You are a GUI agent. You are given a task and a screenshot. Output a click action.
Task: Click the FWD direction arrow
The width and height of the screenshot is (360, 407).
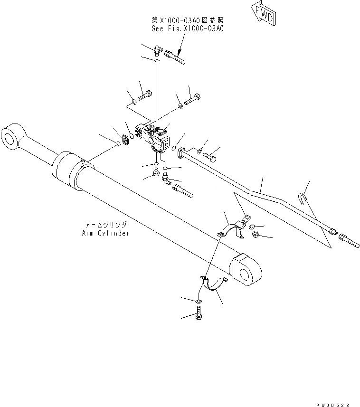(x=263, y=12)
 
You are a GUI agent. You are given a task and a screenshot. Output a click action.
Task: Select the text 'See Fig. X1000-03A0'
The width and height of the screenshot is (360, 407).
(x=187, y=28)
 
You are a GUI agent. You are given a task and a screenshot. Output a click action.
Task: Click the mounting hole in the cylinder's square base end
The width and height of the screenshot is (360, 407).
(x=246, y=274)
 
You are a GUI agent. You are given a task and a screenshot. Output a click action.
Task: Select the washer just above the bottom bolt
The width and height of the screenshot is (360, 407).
(x=198, y=301)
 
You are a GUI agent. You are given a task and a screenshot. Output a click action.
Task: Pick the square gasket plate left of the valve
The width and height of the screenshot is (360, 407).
(x=126, y=141)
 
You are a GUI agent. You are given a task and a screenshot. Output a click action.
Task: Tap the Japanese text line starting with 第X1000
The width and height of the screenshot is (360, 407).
(x=187, y=20)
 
